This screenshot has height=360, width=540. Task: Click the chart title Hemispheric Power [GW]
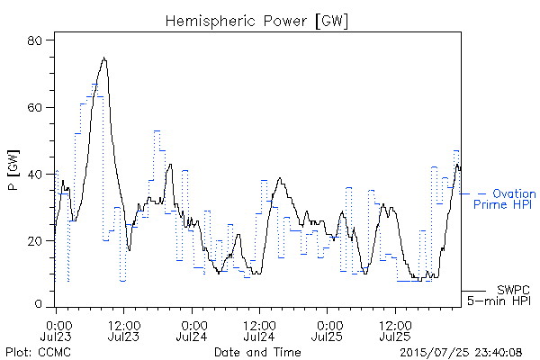point(256,21)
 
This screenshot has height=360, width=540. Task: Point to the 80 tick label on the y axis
point(34,40)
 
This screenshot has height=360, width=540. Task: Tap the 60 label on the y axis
point(34,107)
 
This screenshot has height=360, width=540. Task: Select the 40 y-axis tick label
point(34,175)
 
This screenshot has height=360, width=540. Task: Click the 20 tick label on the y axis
point(34,241)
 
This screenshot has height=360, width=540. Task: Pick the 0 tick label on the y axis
point(38,304)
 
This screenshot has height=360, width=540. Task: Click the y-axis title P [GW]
point(13,170)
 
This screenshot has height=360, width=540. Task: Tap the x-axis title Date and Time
point(257,352)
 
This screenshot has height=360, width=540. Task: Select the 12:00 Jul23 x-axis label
point(123,330)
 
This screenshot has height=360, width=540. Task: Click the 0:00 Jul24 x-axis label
point(192,330)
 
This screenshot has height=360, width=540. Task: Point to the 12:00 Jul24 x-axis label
point(259,330)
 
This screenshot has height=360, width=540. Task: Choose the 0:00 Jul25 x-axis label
point(328,330)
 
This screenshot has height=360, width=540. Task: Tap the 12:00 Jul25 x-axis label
point(395,330)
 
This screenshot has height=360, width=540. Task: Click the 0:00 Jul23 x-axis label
point(56,330)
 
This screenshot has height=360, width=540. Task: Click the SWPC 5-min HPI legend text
point(499,295)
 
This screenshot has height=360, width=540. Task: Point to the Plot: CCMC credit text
point(38,352)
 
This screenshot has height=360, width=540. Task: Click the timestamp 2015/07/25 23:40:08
point(461,352)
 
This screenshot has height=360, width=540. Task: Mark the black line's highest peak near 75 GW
point(104,58)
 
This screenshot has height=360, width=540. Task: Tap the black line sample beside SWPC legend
point(474,291)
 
